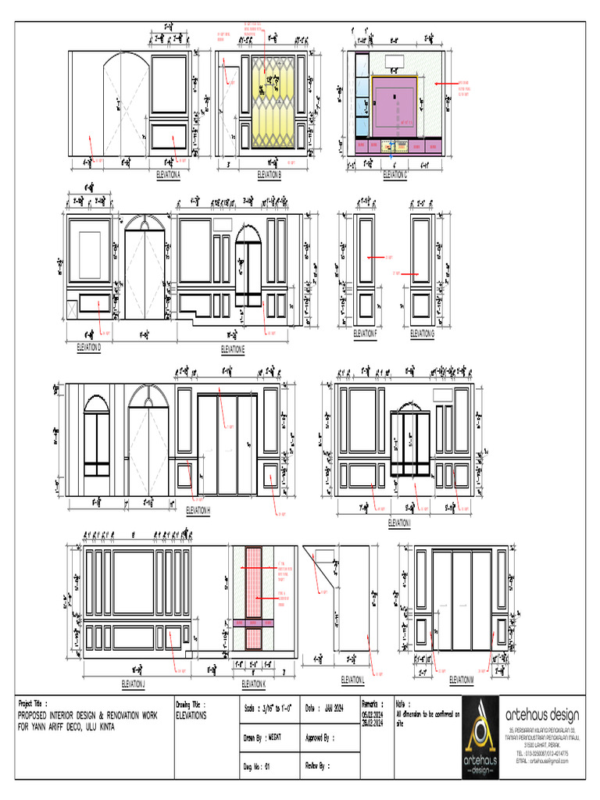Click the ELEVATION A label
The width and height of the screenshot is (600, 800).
coord(168,175)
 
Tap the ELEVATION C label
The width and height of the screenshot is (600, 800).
coord(395,175)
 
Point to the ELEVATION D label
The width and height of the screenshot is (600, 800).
coord(89,346)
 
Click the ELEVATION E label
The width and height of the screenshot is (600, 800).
coord(233,348)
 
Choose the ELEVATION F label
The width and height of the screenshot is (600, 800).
coord(365,334)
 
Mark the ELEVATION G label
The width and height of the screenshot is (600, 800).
coord(423,334)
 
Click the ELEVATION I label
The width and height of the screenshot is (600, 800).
coord(400,523)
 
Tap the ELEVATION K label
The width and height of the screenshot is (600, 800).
coord(253,684)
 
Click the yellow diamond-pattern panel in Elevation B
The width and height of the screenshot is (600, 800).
coord(273,102)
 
